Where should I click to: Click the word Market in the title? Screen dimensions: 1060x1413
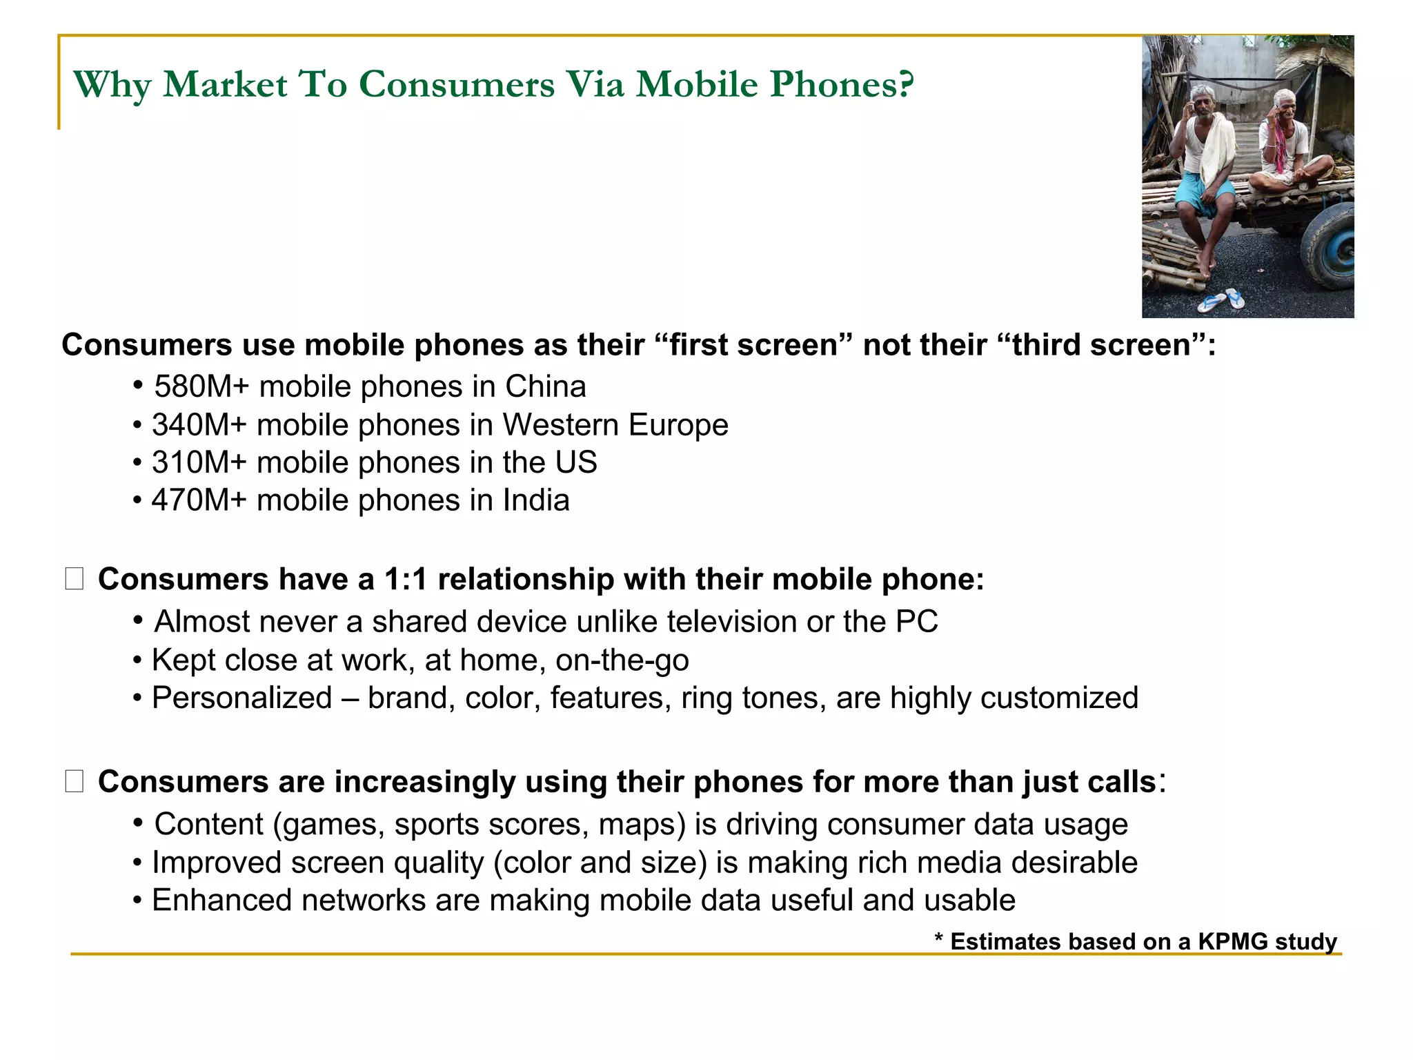[x=225, y=85]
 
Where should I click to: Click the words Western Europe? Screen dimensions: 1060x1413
[x=615, y=424]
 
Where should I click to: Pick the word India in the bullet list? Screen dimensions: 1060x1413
[x=536, y=500]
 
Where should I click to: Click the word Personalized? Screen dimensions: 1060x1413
[x=241, y=698]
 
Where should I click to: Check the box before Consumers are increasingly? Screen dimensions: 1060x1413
[x=75, y=781]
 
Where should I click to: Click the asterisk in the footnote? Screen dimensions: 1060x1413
[x=938, y=939]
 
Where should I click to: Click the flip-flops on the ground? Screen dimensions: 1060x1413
[x=1221, y=300]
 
